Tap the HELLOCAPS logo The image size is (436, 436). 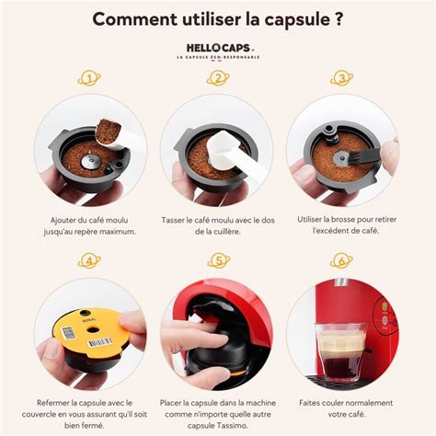pos(217,47)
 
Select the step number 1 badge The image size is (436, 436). pos(89,79)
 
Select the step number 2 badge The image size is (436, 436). pos(218,79)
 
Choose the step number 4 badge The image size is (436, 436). pos(89,262)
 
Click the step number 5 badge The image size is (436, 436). pos(218,262)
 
